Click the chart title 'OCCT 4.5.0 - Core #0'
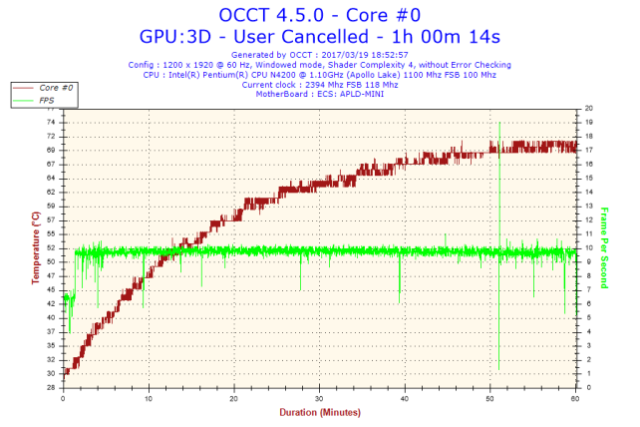[x=319, y=15]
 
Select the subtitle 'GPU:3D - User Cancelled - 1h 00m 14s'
[x=319, y=36]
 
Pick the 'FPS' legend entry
[x=46, y=100]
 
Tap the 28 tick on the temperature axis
[x=50, y=386]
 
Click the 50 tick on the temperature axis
[x=50, y=260]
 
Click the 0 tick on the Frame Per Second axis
[x=588, y=386]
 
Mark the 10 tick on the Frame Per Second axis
[x=590, y=247]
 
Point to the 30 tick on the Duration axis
[x=319, y=398]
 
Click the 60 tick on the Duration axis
[x=575, y=398]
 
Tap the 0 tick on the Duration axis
[x=63, y=398]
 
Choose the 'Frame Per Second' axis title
[x=604, y=247]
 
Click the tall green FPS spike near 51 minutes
[x=498, y=200]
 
